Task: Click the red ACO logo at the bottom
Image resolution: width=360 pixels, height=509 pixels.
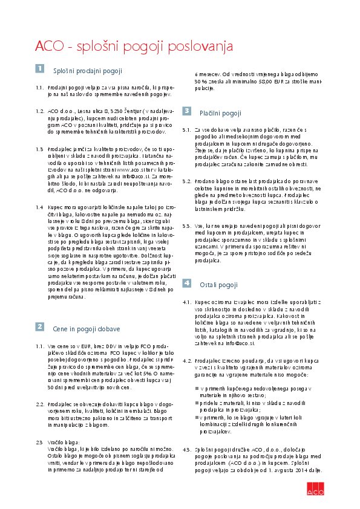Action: coord(315,491)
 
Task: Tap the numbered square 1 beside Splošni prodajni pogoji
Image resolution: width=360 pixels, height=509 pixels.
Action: coord(39,69)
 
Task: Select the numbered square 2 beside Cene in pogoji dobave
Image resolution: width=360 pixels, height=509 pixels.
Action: coord(39,326)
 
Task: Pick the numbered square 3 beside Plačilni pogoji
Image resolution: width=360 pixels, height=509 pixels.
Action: coord(187,111)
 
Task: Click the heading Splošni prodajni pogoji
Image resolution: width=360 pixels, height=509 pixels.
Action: coord(88,71)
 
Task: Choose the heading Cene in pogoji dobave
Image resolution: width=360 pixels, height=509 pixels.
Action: coord(86,329)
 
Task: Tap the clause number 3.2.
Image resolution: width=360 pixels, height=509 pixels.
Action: coord(187,181)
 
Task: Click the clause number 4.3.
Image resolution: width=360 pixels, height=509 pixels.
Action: coord(187,450)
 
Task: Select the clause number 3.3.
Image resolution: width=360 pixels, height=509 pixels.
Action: coord(187,225)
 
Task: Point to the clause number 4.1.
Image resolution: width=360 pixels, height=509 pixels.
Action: coord(187,300)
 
